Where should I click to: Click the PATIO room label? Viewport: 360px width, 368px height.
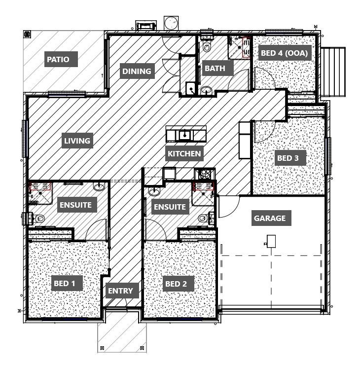pyautogui.click(x=62, y=60)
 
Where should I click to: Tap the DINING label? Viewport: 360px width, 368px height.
pyautogui.click(x=137, y=71)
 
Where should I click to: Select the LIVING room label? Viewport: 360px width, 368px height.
pyautogui.click(x=77, y=141)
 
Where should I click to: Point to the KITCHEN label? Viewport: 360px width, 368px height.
pyautogui.click(x=184, y=153)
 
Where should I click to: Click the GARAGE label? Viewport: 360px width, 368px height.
pyautogui.click(x=269, y=218)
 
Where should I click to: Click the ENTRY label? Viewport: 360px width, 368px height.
pyautogui.click(x=120, y=291)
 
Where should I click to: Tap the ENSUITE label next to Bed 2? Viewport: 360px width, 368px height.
pyautogui.click(x=169, y=207)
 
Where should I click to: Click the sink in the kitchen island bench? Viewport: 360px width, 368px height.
pyautogui.click(x=185, y=134)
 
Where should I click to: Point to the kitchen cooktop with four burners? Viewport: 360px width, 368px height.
pyautogui.click(x=204, y=174)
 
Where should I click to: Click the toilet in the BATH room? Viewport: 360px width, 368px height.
pyautogui.click(x=207, y=47)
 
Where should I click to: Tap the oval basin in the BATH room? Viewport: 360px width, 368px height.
pyautogui.click(x=206, y=90)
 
